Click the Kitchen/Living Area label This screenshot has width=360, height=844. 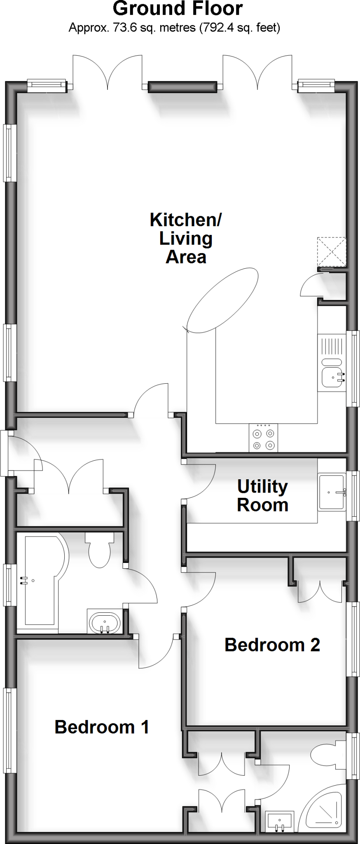coord(185,238)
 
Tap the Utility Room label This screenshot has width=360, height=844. coord(262,496)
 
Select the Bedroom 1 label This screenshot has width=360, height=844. coord(102,727)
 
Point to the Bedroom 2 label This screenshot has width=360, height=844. coord(272,645)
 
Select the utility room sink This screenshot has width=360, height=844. coord(332,492)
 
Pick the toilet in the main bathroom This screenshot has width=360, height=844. coord(99,550)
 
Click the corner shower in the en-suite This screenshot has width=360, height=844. coord(325,808)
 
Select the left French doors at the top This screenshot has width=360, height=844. coord(108,72)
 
